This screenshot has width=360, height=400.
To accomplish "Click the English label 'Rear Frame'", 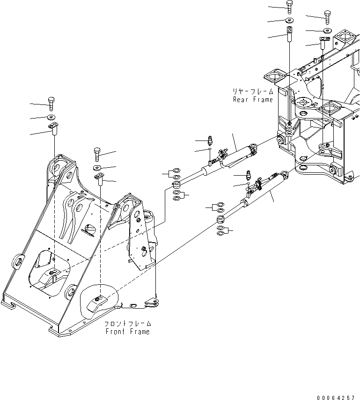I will (x=253, y=100).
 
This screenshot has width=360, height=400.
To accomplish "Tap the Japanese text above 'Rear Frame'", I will (x=253, y=92).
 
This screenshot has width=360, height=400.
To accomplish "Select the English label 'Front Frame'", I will (x=127, y=332).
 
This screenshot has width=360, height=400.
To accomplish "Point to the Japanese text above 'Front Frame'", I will (x=127, y=324).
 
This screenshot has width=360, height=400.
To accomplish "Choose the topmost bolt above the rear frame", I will (x=289, y=7).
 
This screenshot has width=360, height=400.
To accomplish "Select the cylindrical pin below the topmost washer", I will (x=289, y=35).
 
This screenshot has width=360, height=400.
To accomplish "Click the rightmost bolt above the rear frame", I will (x=327, y=16).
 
